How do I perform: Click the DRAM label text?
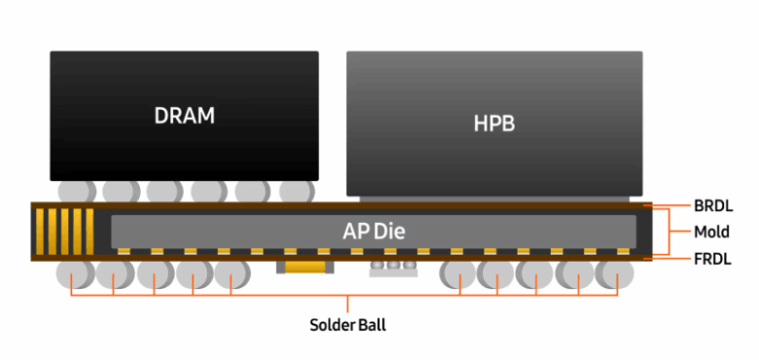click(x=184, y=115)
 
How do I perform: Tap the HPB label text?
click(x=493, y=123)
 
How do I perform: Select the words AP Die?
click(x=374, y=232)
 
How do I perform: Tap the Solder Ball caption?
click(x=347, y=325)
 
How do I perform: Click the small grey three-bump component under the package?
click(x=392, y=267)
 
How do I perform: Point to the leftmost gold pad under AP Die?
click(x=125, y=251)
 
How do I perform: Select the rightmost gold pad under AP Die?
click(x=623, y=251)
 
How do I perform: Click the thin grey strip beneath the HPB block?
click(x=493, y=198)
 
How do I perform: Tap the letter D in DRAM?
click(x=161, y=115)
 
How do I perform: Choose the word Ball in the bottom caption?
click(x=370, y=325)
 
